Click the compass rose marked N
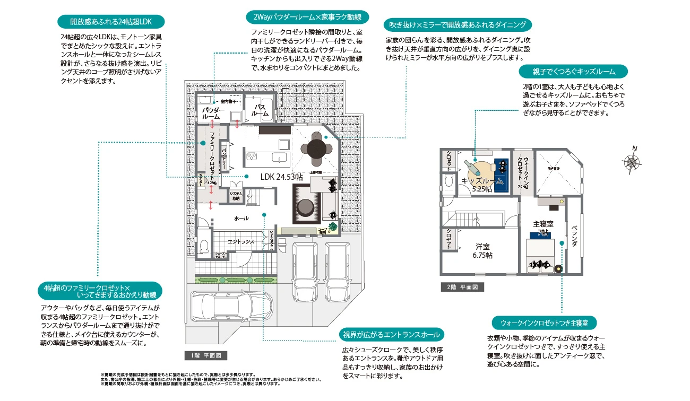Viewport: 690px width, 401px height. pos(632,160)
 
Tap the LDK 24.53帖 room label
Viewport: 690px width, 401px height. pos(281,177)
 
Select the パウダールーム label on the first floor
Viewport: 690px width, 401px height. pos(213,113)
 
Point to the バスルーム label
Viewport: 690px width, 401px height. pos(260,110)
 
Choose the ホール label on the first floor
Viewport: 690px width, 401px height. pos(241,218)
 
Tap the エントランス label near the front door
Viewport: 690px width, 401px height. pos(241,242)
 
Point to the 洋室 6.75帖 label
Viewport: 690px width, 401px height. pos(482,250)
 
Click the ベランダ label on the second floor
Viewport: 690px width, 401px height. pos(574,236)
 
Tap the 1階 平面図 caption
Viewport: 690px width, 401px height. pos(206,355)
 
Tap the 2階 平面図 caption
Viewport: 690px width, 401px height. pos(462,287)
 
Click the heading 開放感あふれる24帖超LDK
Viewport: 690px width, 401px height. pos(110,22)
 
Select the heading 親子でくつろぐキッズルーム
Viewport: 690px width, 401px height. pos(573,71)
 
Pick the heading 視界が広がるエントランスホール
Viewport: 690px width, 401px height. pos(391,335)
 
